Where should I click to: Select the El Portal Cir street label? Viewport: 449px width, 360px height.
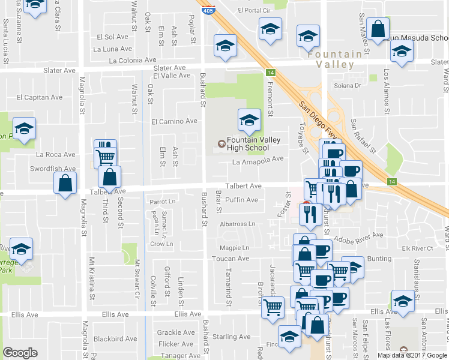pyautogui.click(x=255, y=10)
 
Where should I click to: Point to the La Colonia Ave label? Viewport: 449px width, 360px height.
pyautogui.click(x=132, y=61)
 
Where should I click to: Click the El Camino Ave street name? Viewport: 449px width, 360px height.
pyautogui.click(x=174, y=121)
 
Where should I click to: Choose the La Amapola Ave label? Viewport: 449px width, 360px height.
pyautogui.click(x=258, y=159)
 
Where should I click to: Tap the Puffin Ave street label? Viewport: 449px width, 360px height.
pyautogui.click(x=243, y=200)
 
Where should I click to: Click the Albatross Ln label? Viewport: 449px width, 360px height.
pyautogui.click(x=238, y=224)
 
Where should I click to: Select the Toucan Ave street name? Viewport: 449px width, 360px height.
pyautogui.click(x=230, y=259)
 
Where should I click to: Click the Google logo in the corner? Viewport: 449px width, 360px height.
pyautogui.click(x=20, y=353)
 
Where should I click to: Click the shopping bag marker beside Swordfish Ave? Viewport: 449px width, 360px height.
pyautogui.click(x=65, y=183)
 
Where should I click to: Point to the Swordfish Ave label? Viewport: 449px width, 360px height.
pyautogui.click(x=53, y=169)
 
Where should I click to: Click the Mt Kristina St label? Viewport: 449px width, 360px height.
pyautogui.click(x=92, y=278)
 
